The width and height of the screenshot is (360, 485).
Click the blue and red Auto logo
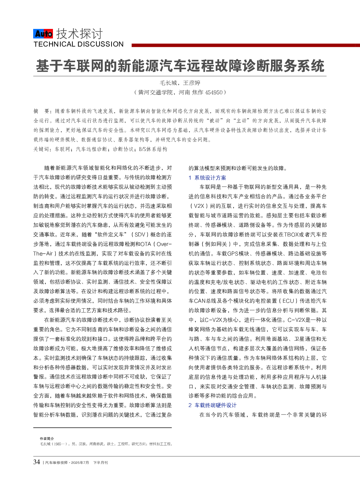click(x=43, y=34)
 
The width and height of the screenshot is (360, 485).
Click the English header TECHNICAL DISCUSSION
click(x=78, y=44)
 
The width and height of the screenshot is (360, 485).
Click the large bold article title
click(x=180, y=66)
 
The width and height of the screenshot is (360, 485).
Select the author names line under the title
click(x=180, y=83)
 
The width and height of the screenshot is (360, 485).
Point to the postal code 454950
click(x=214, y=92)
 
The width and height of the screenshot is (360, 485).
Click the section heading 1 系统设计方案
click(x=207, y=178)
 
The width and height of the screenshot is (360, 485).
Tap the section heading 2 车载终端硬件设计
click(x=212, y=405)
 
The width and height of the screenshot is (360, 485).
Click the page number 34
click(x=37, y=462)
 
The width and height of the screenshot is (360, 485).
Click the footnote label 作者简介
click(x=47, y=439)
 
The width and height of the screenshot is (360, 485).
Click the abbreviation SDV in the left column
click(x=140, y=235)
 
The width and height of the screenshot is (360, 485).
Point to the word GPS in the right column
click(x=233, y=254)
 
